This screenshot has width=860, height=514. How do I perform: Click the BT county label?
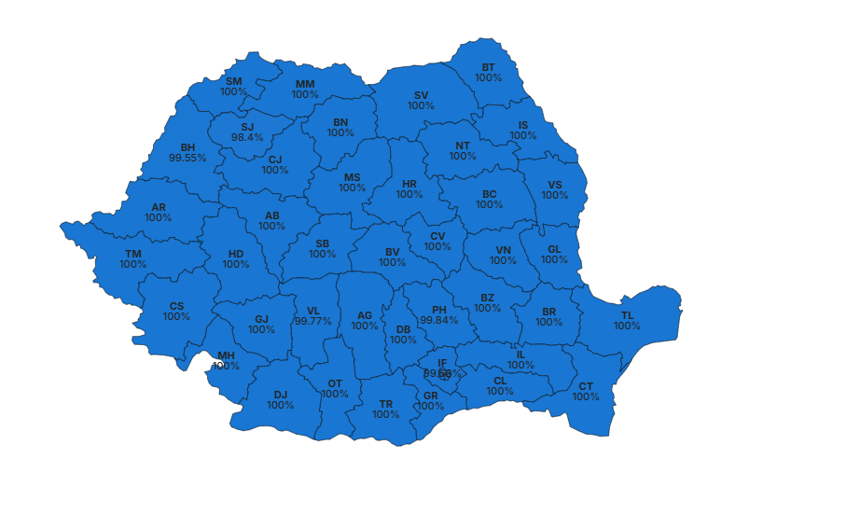click(x=489, y=67)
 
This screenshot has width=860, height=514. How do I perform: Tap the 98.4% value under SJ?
click(x=247, y=138)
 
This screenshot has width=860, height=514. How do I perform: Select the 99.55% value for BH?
click(x=187, y=159)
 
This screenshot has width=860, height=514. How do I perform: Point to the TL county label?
click(x=627, y=315)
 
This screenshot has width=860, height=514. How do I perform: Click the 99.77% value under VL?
click(x=313, y=321)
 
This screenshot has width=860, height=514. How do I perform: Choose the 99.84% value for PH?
click(x=439, y=320)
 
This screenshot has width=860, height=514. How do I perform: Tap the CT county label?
click(x=586, y=386)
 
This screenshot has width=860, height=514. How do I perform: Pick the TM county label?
click(x=133, y=254)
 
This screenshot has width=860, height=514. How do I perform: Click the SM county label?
click(x=234, y=81)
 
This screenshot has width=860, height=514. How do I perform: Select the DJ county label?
click(x=281, y=395)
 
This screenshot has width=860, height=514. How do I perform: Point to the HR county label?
click(x=409, y=184)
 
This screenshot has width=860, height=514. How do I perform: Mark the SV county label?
click(x=422, y=95)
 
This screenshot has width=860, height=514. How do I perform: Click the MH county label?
click(x=227, y=355)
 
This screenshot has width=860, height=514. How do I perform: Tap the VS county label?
click(x=555, y=185)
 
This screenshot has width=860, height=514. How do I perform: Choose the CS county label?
click(x=176, y=306)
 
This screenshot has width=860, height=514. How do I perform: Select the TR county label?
click(x=386, y=404)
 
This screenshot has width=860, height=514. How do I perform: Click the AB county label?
click(x=272, y=215)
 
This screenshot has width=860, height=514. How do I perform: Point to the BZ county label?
click(x=488, y=298)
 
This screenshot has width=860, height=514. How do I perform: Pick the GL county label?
click(x=555, y=249)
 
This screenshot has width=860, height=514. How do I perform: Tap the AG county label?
click(x=365, y=315)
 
